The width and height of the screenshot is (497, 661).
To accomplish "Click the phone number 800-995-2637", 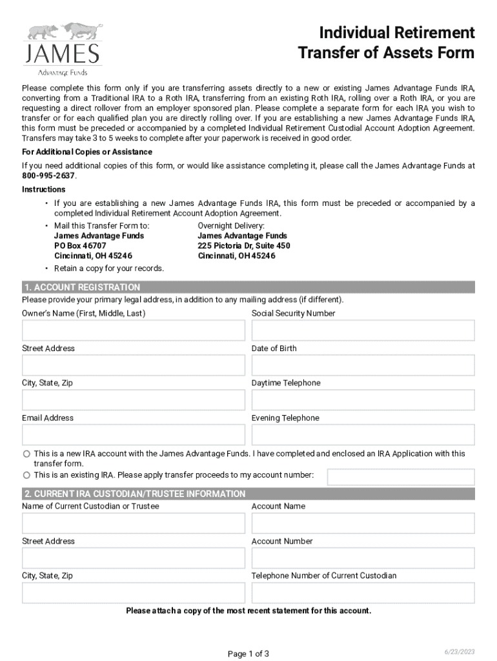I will (x=48, y=176).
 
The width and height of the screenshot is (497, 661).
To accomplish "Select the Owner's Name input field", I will (x=134, y=330).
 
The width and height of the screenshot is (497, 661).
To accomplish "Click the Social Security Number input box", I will (x=363, y=330).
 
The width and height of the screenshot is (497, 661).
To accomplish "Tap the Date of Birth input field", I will (x=363, y=365).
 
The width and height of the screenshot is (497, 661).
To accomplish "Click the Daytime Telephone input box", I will (x=363, y=400).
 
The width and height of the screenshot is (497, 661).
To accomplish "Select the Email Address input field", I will (x=134, y=435).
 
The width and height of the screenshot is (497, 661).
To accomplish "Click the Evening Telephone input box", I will (x=363, y=435).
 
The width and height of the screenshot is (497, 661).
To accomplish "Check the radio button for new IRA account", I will (x=26, y=454).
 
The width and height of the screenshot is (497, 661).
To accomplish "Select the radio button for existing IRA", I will (x=26, y=476).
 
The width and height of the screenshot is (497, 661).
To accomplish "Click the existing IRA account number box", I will (x=400, y=477).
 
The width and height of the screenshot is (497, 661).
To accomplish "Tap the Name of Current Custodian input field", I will (x=134, y=524).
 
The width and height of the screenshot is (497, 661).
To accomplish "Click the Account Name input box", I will (x=363, y=524).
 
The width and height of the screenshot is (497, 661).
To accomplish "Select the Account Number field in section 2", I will (x=363, y=558).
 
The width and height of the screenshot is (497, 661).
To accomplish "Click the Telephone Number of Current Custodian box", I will (x=363, y=593).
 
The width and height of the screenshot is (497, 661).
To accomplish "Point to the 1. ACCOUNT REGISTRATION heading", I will (x=82, y=287).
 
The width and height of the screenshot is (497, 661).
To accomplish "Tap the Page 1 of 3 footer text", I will (x=249, y=654).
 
